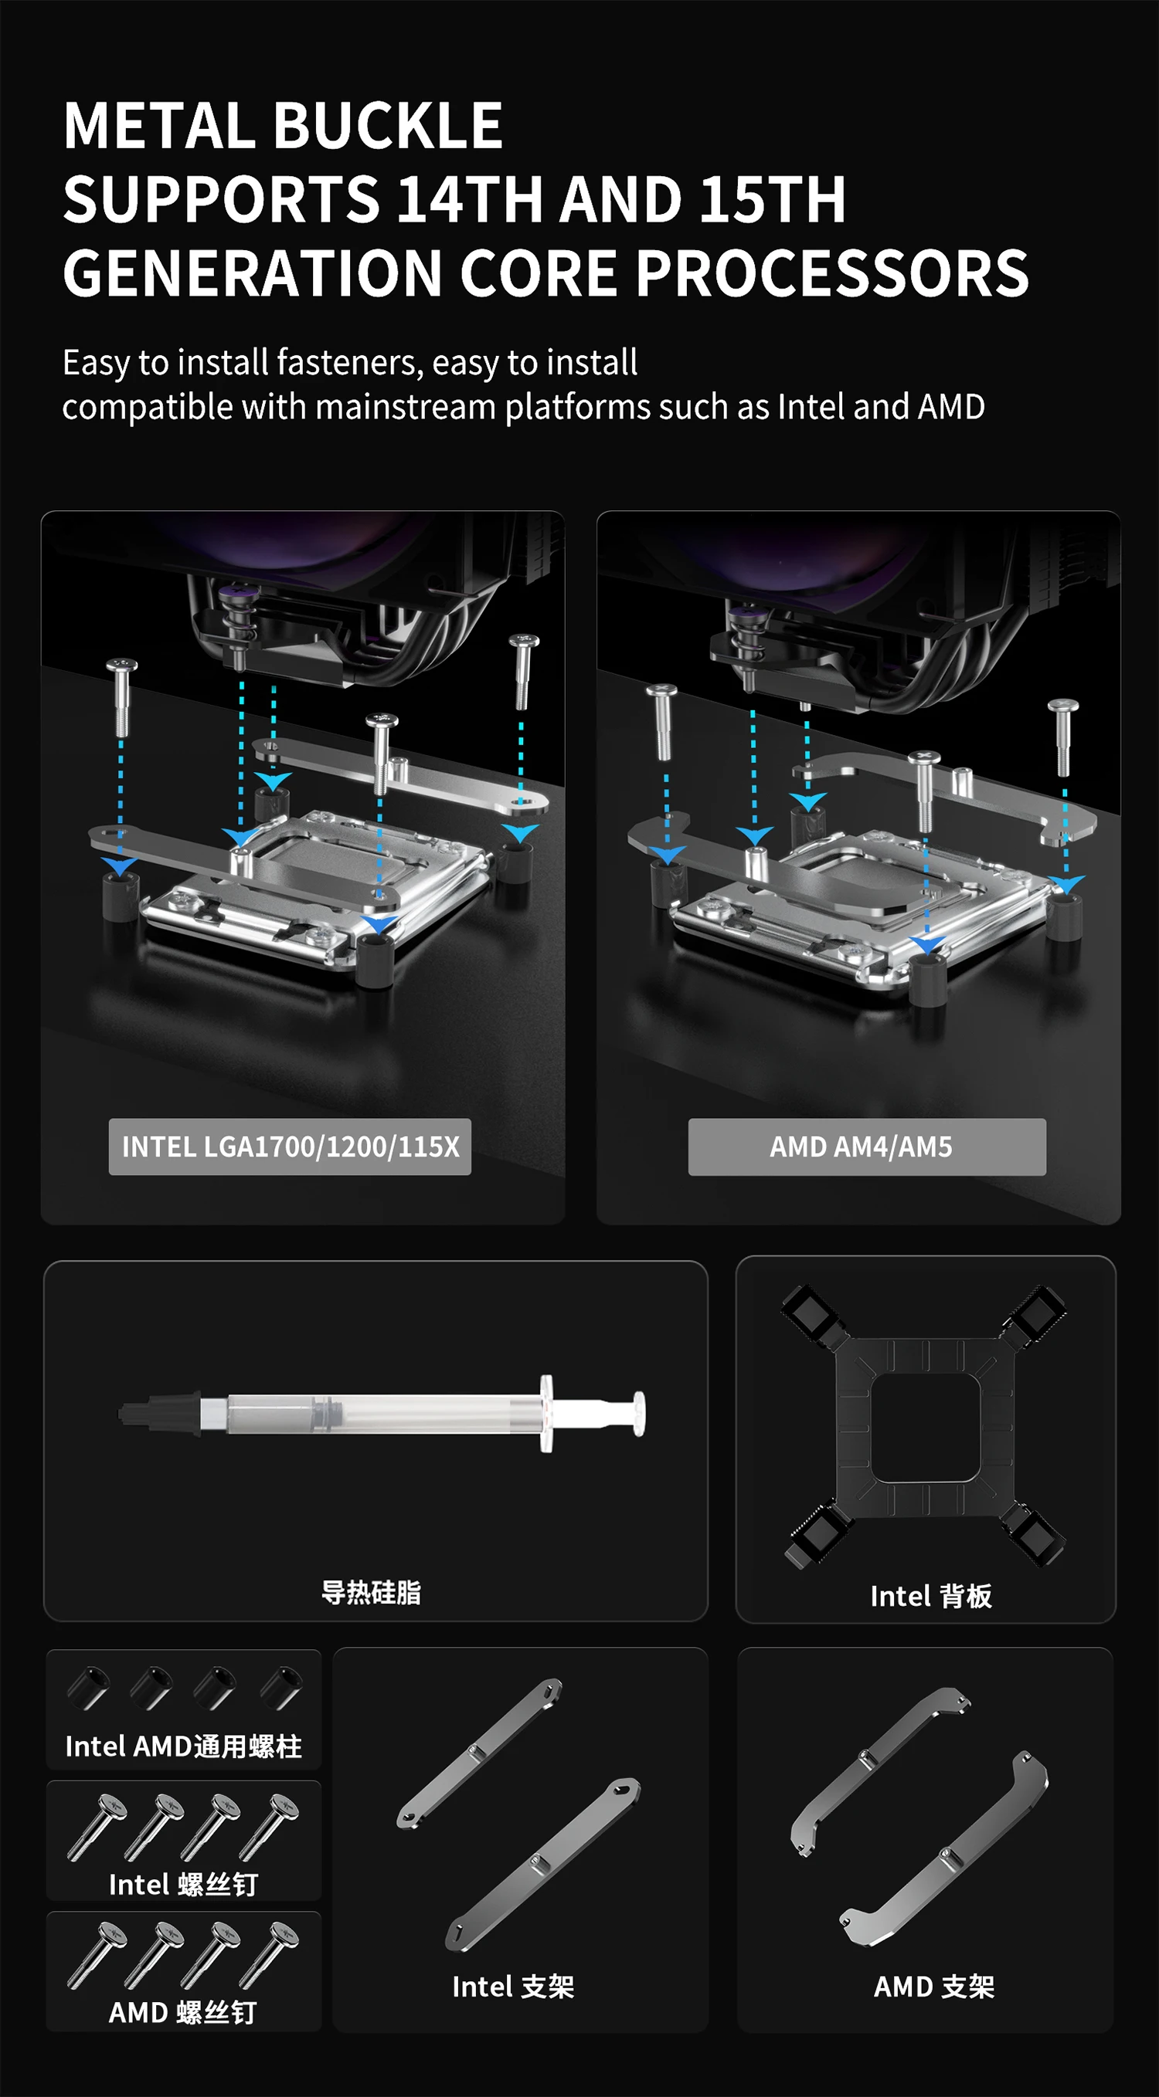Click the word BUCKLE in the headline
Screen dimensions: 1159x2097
(x=388, y=126)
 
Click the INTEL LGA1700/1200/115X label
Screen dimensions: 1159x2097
(x=290, y=1147)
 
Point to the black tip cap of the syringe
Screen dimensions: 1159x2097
(x=160, y=1414)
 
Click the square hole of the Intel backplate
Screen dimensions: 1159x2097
(x=924, y=1427)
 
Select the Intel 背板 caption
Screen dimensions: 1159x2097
(x=931, y=1597)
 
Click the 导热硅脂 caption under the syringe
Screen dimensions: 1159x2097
(x=372, y=1592)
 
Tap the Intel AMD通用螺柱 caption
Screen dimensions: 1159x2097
(x=183, y=1746)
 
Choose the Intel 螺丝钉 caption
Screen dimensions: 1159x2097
(x=183, y=1885)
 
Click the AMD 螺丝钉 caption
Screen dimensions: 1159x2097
(x=183, y=2012)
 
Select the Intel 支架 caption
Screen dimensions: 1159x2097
(x=513, y=1987)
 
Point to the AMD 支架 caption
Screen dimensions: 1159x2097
(x=934, y=1987)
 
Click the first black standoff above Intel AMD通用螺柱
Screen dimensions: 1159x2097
(x=88, y=1689)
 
